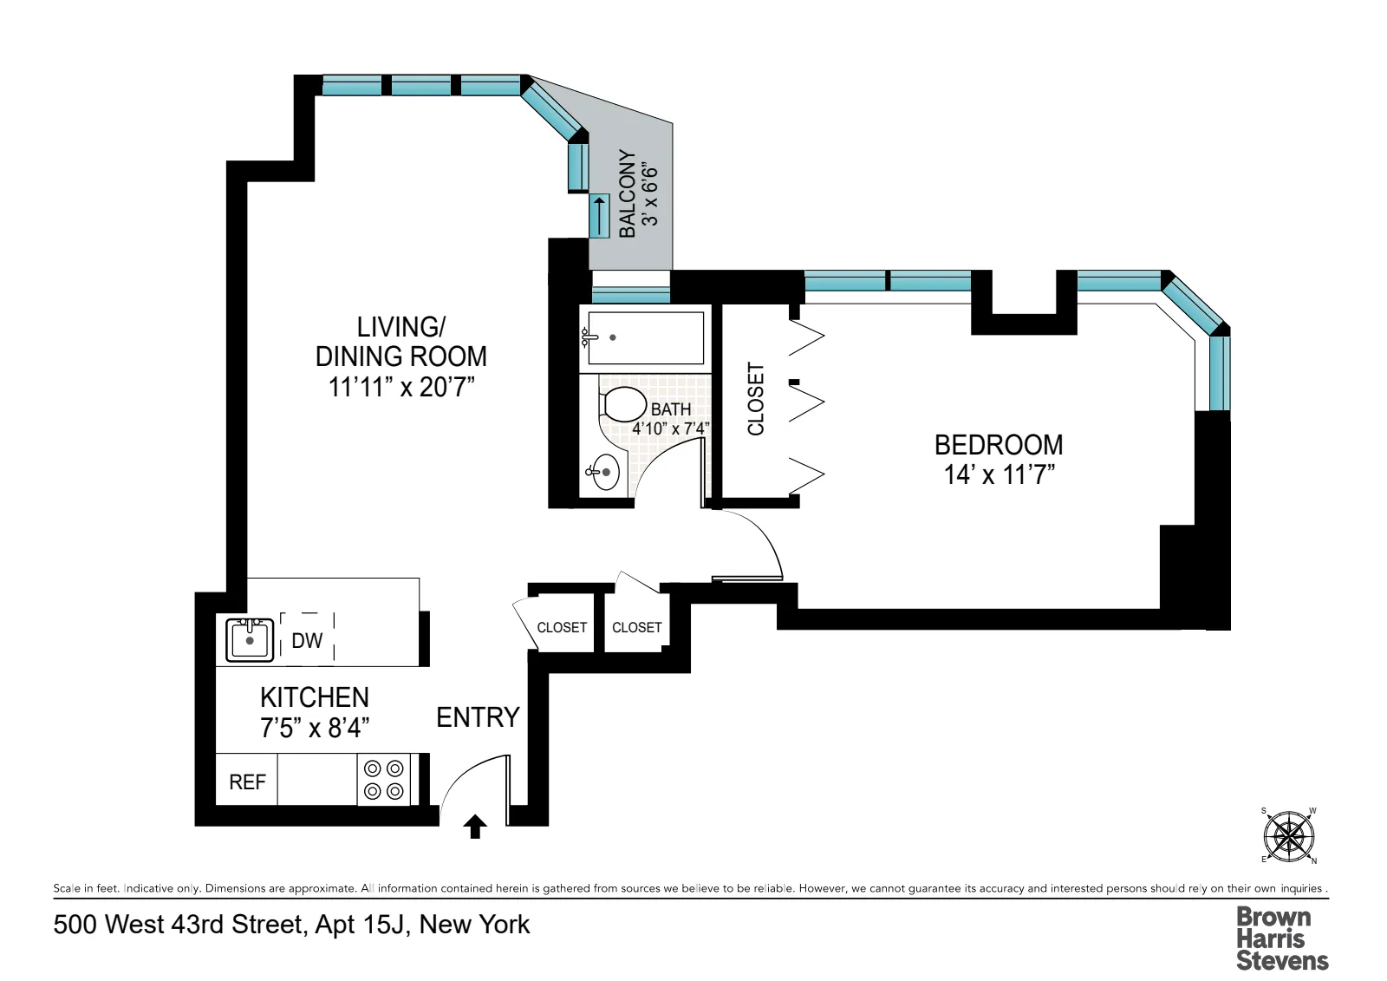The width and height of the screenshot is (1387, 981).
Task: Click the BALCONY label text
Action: [627, 193]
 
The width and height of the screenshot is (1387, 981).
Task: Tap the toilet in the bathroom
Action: [623, 405]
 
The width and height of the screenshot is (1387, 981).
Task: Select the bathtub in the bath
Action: [645, 337]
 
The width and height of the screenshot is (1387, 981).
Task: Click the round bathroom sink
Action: [605, 472]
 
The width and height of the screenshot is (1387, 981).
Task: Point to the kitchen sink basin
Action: [250, 640]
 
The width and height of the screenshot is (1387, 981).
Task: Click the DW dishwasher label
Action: [307, 641]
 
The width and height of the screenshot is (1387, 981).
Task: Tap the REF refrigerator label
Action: [247, 782]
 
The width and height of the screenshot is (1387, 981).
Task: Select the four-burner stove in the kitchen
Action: [384, 779]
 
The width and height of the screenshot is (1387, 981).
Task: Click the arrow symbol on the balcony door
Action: [599, 215]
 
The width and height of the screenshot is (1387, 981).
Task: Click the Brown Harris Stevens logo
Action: [1281, 938]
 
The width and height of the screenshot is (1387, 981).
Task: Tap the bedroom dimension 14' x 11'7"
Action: [999, 475]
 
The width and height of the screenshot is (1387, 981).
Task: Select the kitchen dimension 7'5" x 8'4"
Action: [314, 728]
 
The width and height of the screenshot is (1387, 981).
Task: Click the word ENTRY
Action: [478, 717]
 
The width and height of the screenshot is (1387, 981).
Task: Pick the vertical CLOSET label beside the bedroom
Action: [756, 399]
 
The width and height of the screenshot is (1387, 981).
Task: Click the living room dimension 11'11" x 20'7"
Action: [401, 387]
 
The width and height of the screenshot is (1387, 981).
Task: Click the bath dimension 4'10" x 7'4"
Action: [670, 428]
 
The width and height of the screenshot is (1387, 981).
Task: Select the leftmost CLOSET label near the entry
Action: [562, 627]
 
